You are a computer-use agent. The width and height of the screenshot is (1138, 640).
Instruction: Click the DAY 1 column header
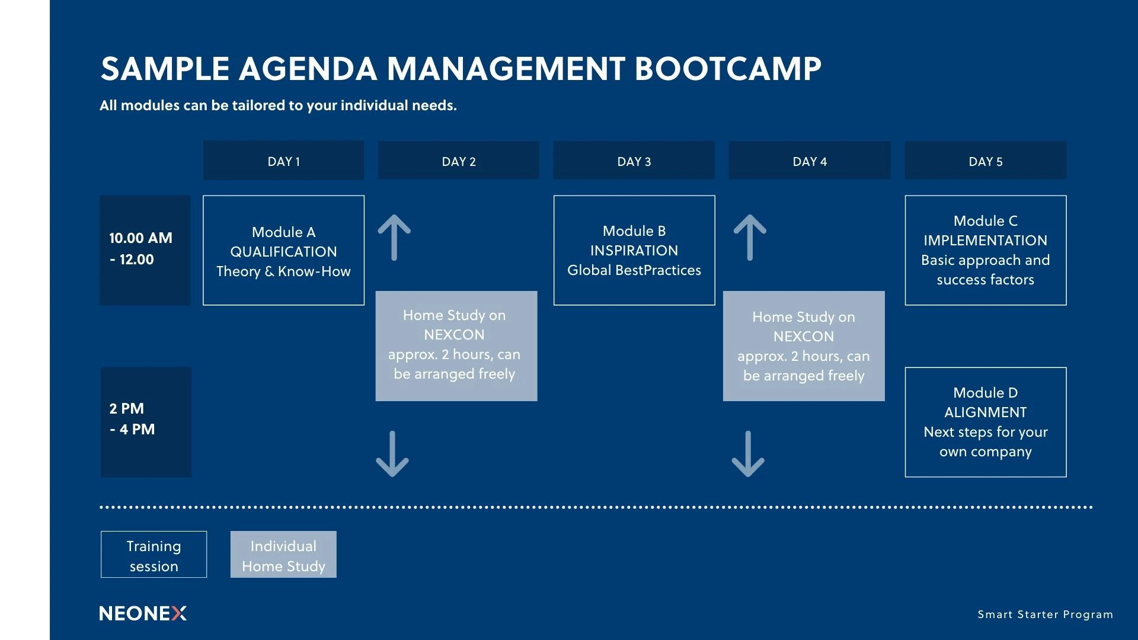click(x=283, y=161)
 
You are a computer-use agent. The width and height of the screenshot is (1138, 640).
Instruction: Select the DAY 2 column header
click(x=459, y=161)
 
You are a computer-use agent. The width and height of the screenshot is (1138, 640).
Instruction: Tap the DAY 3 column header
click(x=634, y=161)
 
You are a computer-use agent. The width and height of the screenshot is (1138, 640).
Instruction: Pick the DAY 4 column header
click(x=810, y=161)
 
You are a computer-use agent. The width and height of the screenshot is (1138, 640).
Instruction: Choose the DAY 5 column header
click(x=986, y=161)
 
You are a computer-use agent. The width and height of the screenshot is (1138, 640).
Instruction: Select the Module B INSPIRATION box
click(x=634, y=251)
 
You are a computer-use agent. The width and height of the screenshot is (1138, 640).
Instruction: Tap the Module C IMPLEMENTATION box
click(x=986, y=251)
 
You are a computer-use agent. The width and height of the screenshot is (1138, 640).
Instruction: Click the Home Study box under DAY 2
click(x=456, y=346)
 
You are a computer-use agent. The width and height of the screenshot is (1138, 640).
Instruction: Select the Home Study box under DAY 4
click(x=804, y=346)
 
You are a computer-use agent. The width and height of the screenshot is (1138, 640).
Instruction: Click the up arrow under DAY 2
click(x=394, y=238)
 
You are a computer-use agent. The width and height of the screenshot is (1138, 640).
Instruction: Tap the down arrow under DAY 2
click(x=392, y=454)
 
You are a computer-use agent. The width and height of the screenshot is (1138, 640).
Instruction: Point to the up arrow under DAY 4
click(x=750, y=238)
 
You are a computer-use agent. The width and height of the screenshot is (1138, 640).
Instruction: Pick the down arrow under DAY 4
click(x=748, y=454)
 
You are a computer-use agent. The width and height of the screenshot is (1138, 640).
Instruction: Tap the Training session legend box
click(x=154, y=555)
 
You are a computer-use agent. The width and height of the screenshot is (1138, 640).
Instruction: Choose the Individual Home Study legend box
click(x=283, y=555)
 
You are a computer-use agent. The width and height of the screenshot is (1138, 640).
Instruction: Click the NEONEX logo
click(x=143, y=613)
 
